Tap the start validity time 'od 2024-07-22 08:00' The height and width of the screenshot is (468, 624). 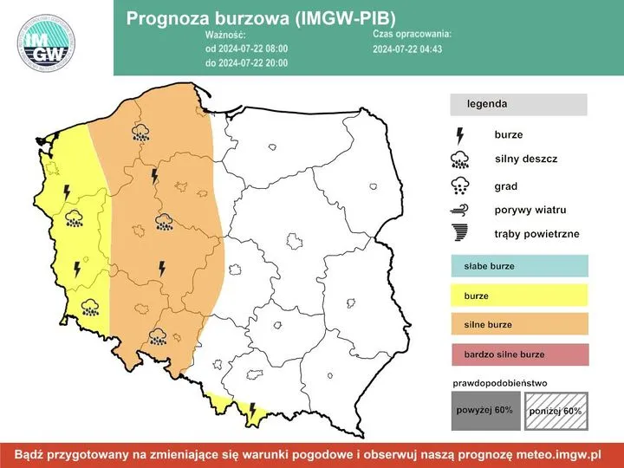[x=246, y=49]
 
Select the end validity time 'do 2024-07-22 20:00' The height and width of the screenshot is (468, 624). [x=246, y=62]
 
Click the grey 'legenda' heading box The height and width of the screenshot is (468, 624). [x=517, y=104]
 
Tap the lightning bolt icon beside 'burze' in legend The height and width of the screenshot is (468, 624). [x=460, y=135]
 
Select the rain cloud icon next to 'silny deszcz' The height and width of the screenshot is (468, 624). [x=460, y=159]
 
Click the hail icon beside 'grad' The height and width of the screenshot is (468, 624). [x=460, y=185]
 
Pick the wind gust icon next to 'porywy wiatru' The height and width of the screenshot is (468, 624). [x=460, y=210]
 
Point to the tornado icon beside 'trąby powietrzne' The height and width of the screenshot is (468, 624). [x=460, y=233]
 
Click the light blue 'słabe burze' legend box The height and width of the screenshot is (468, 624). [x=519, y=266]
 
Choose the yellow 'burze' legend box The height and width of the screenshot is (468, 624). [x=519, y=296]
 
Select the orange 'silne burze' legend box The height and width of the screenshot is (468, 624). [x=519, y=325]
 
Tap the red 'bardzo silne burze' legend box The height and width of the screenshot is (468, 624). [x=519, y=354]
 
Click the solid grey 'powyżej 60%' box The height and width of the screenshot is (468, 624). [x=484, y=410]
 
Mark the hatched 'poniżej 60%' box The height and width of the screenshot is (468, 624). [x=556, y=410]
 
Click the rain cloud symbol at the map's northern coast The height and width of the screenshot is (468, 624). [x=140, y=133]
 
